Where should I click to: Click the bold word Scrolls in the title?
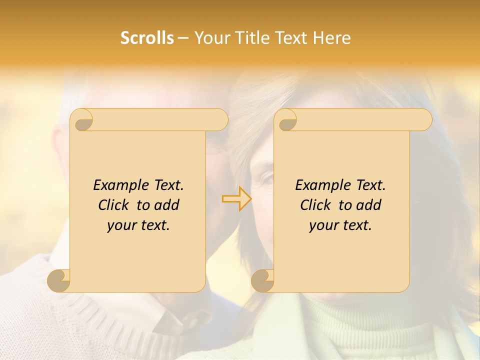click(x=147, y=38)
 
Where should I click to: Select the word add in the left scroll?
click(x=167, y=205)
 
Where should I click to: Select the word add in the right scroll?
click(x=369, y=205)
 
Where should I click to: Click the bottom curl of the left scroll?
click(x=58, y=280)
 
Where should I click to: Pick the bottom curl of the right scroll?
click(x=262, y=280)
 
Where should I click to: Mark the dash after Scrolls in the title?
click(x=183, y=38)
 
